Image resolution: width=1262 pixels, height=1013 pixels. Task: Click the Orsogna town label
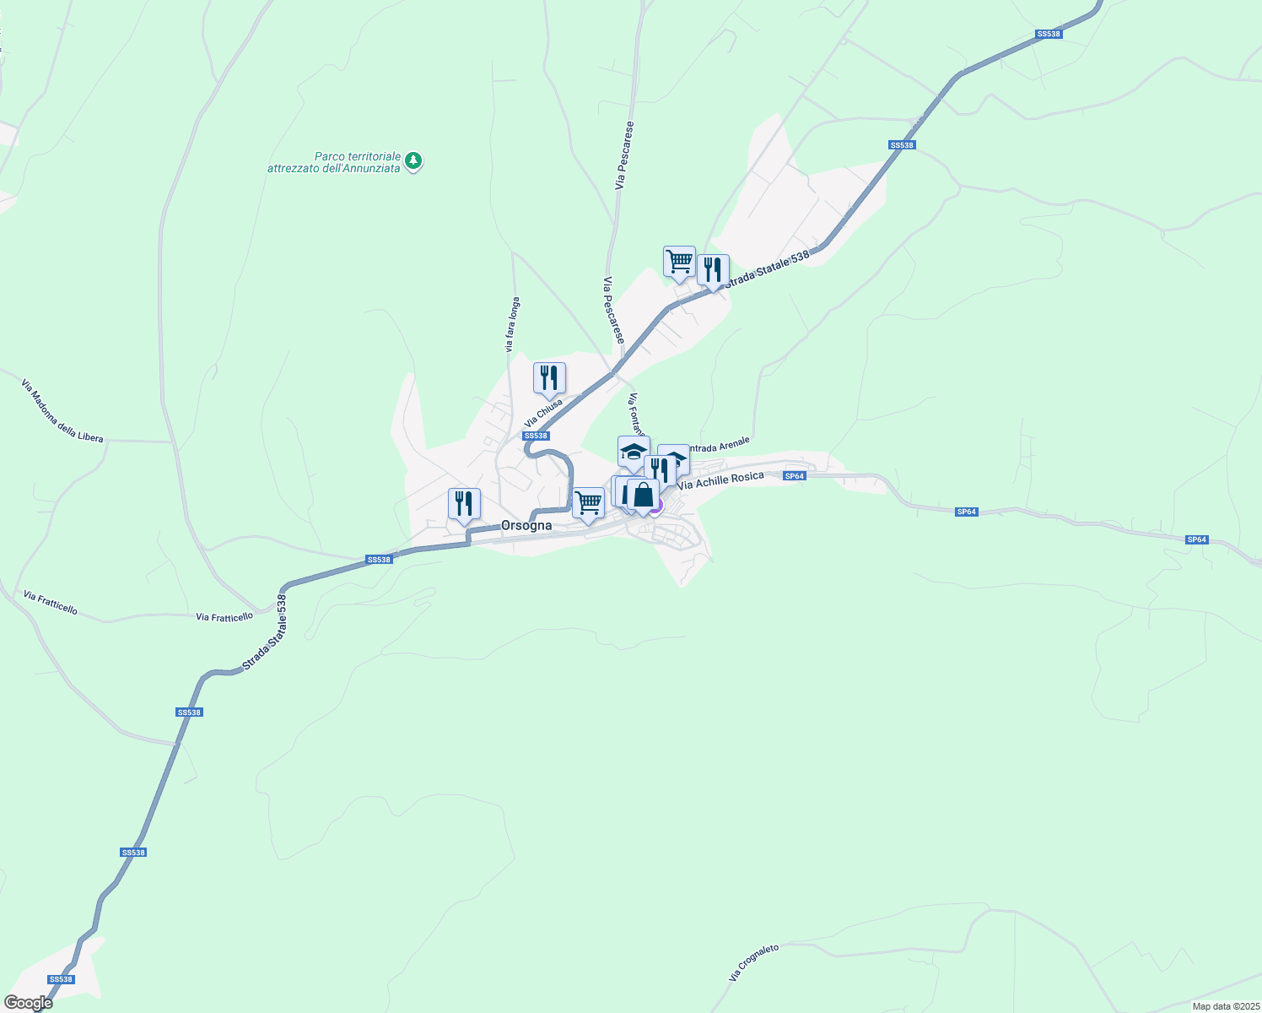(x=526, y=525)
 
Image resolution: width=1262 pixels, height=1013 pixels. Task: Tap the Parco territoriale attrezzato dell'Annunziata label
(x=333, y=162)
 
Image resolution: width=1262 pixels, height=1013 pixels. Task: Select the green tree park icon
(x=413, y=160)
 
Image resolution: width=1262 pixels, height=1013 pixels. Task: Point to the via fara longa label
(x=512, y=324)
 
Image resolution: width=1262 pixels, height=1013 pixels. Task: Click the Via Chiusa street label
(x=543, y=413)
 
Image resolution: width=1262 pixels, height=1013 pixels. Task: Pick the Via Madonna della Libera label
(x=62, y=411)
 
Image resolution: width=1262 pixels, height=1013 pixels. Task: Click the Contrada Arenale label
(x=717, y=444)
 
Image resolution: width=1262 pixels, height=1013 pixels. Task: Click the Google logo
(x=28, y=1003)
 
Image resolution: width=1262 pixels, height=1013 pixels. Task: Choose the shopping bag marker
(x=643, y=496)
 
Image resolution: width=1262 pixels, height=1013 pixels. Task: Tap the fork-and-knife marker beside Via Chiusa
(x=549, y=378)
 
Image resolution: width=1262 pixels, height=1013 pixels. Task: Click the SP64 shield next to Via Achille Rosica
(x=795, y=476)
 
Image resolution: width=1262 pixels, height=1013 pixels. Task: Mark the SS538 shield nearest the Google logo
(x=61, y=979)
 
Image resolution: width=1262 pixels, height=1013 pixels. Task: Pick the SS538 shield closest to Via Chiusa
(x=536, y=436)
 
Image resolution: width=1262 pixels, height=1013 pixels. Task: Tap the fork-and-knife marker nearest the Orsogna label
(x=464, y=504)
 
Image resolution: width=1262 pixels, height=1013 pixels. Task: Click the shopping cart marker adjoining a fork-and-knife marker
(x=679, y=262)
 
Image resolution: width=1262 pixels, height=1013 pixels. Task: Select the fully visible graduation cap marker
(x=634, y=452)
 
